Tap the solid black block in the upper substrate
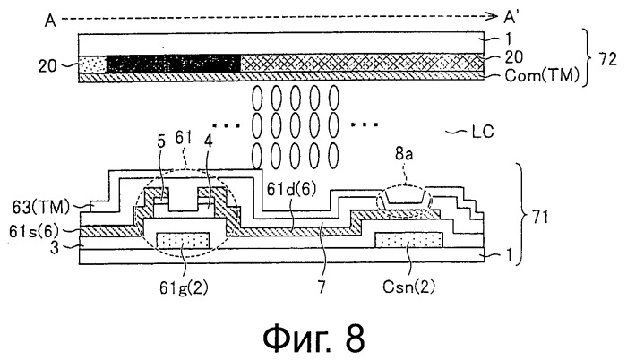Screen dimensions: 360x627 tap(173, 64)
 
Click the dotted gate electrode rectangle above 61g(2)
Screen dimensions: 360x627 tap(184, 239)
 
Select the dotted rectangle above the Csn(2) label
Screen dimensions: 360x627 tap(408, 239)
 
